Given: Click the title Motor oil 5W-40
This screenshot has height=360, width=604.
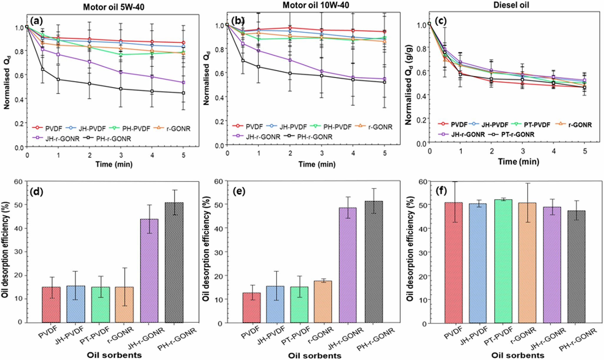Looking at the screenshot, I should click(113, 7).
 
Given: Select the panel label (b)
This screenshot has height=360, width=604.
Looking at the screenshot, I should click(238, 20).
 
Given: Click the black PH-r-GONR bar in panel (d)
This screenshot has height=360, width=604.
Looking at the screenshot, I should click(174, 262).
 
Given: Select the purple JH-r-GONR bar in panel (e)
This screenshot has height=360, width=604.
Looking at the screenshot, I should click(348, 265).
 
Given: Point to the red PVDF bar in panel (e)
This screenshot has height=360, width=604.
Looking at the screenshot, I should click(251, 308).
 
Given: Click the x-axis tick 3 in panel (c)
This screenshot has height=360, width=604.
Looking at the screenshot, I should click(523, 151).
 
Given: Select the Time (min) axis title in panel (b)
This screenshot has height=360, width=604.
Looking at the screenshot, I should click(317, 164).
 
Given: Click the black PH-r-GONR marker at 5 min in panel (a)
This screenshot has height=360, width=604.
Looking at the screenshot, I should click(183, 93).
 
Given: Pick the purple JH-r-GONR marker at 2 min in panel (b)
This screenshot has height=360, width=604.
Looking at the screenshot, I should click(290, 60).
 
